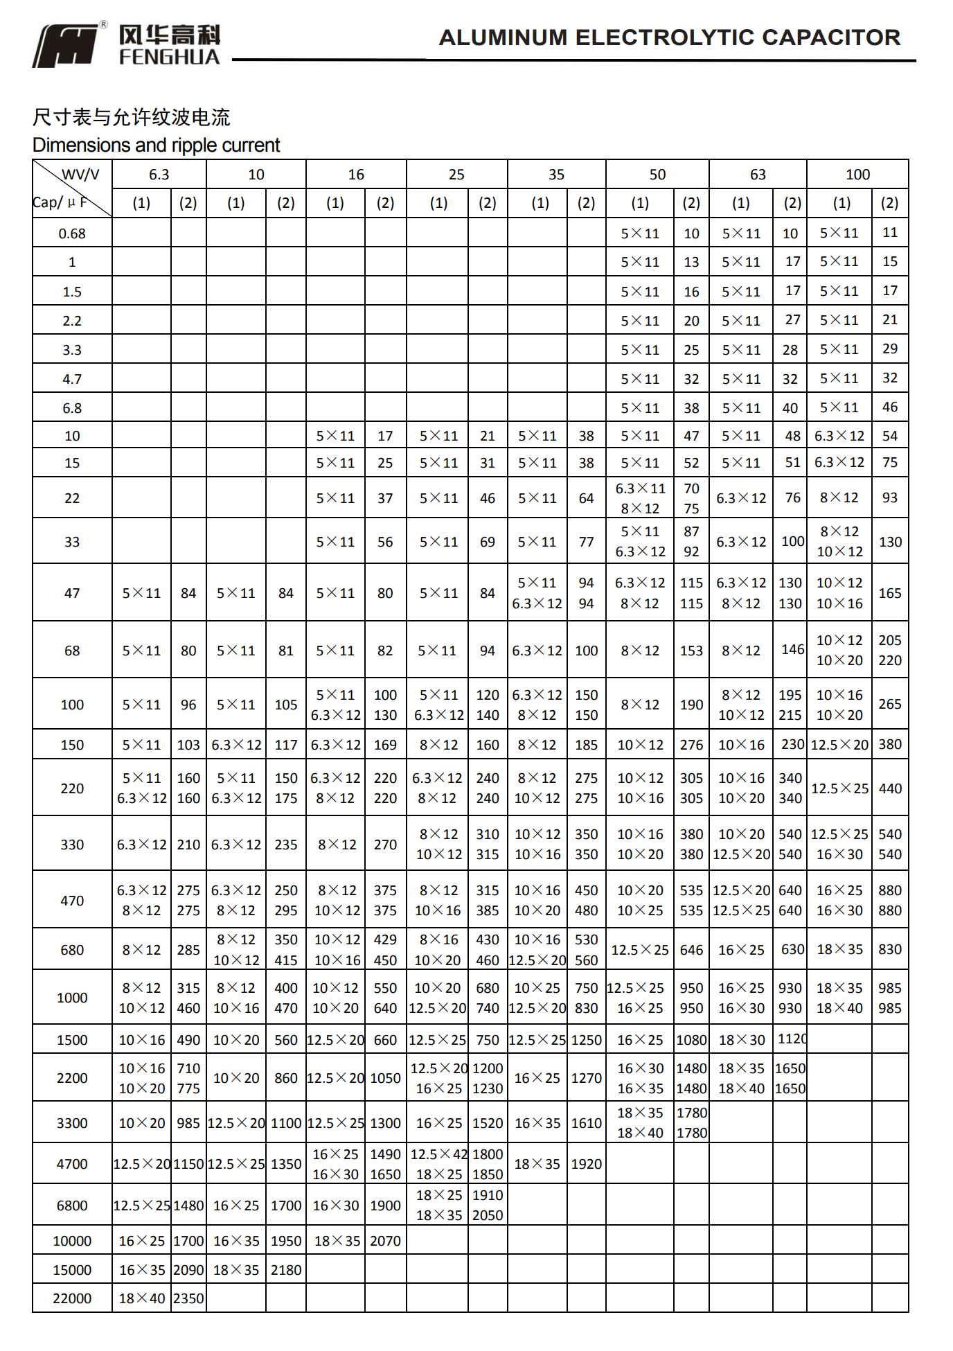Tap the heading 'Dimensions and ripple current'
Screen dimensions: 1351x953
tap(156, 145)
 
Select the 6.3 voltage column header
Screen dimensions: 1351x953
tap(159, 175)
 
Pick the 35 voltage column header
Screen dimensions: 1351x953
tap(556, 175)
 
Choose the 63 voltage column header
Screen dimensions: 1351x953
tap(758, 175)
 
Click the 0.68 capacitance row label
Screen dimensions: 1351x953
tap(72, 233)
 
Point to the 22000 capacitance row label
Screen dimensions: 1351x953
tap(72, 1298)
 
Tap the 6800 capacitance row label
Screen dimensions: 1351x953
tap(72, 1206)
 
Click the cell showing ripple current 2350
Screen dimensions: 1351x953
tap(188, 1298)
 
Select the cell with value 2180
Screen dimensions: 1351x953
tap(286, 1270)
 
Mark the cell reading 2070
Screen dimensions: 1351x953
tap(385, 1241)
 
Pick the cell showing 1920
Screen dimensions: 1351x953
tap(586, 1164)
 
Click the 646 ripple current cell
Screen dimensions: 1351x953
tap(691, 950)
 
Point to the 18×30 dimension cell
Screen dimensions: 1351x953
tap(741, 1040)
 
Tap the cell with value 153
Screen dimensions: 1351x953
tap(691, 651)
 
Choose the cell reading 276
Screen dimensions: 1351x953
tap(691, 745)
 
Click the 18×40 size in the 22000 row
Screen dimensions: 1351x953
tap(142, 1298)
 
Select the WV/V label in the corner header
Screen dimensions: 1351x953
tap(81, 175)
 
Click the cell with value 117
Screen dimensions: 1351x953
tap(286, 745)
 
